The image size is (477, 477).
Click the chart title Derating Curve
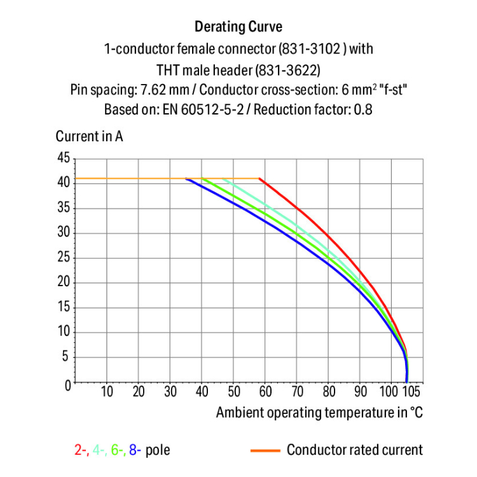[x=238, y=27]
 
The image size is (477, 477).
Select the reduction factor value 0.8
[x=363, y=109]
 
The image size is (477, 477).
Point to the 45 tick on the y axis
[x=64, y=158]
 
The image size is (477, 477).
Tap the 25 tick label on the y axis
[x=64, y=258]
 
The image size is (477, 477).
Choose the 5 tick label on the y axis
[x=67, y=357]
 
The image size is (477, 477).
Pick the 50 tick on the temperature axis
[x=233, y=391]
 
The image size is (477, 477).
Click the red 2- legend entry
[x=81, y=451]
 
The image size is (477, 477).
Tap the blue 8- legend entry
[x=135, y=451]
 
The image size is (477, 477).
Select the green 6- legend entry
[x=118, y=451]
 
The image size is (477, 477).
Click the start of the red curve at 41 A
[x=260, y=179]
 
